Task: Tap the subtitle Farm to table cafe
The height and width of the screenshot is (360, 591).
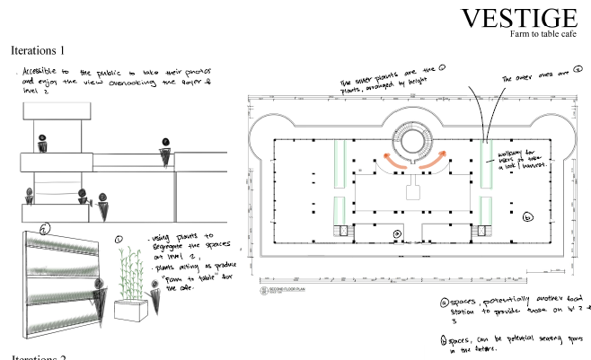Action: pyautogui.click(x=543, y=34)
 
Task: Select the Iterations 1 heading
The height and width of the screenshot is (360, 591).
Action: pyautogui.click(x=50, y=51)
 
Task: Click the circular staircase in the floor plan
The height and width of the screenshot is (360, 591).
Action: pyautogui.click(x=415, y=141)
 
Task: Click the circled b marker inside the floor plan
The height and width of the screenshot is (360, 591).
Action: pyautogui.click(x=527, y=216)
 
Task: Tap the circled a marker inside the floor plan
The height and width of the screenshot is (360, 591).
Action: pyautogui.click(x=396, y=235)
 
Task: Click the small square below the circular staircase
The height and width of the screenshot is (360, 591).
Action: pyautogui.click(x=415, y=191)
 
